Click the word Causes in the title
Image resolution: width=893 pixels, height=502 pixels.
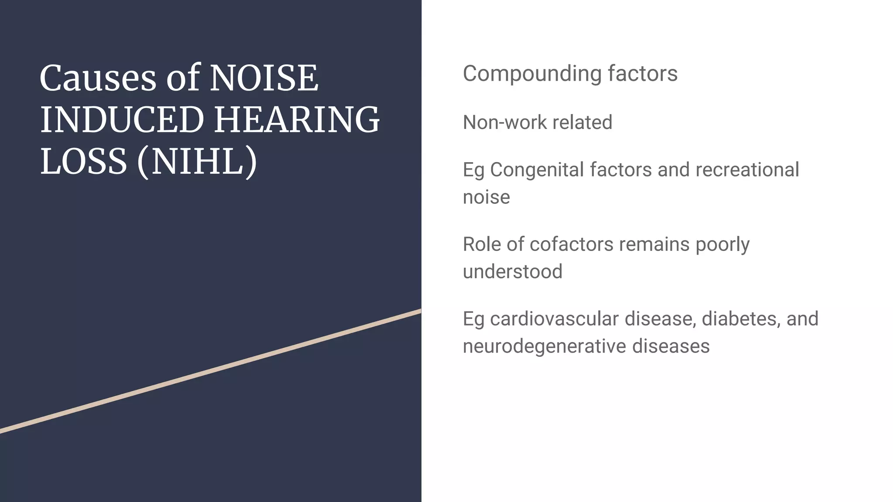pyautogui.click(x=97, y=78)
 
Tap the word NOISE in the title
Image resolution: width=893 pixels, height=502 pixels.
pyautogui.click(x=264, y=78)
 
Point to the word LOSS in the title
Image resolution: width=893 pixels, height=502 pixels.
pyautogui.click(x=83, y=162)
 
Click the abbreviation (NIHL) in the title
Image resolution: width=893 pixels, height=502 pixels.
pyautogui.click(x=197, y=162)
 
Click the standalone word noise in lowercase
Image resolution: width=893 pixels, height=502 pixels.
pyautogui.click(x=486, y=197)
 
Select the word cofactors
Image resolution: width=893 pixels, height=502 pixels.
pyautogui.click(x=571, y=244)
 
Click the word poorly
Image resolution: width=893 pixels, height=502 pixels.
pyautogui.click(x=723, y=244)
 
